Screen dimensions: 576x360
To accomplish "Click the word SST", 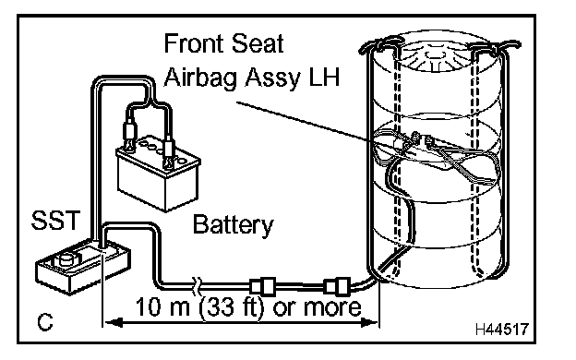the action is click(55, 221).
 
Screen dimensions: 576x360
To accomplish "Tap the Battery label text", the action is click(234, 225).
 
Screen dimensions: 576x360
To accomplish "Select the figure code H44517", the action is click(502, 329).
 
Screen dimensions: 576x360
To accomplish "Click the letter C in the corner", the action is click(45, 322).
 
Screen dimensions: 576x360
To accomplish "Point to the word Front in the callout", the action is click(195, 43).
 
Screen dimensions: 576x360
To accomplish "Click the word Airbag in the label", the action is click(199, 78).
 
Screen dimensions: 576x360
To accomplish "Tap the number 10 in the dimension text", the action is click(149, 306).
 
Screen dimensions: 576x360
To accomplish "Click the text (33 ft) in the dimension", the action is click(232, 307).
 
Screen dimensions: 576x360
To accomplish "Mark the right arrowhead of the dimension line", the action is click(369, 323).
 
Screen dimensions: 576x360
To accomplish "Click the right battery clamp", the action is click(168, 152).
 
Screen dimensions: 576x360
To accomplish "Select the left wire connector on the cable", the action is click(262, 286).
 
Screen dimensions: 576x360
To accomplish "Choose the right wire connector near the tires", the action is click(337, 286).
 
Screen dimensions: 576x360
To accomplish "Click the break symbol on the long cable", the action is click(198, 285).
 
